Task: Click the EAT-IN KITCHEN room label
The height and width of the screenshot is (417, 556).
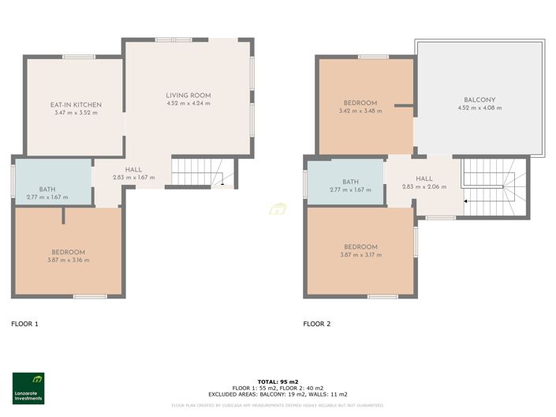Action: point(76,105)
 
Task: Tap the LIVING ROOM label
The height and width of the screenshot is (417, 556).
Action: point(188,96)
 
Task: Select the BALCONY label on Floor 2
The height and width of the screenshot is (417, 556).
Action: point(480,100)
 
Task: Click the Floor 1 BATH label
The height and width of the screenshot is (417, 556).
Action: point(47,190)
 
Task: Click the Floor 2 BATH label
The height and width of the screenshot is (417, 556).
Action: point(350,182)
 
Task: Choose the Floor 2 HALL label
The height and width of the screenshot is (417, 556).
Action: point(424,179)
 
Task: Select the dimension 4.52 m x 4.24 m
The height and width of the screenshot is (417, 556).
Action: point(188,104)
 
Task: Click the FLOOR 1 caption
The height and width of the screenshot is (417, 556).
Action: point(24,324)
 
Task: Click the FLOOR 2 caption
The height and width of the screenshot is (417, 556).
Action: point(317,324)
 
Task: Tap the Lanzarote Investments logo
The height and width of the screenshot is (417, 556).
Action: point(28,388)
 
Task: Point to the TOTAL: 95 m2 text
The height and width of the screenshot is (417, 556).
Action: point(278,381)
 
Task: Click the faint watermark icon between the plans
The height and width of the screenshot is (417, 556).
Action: point(278,209)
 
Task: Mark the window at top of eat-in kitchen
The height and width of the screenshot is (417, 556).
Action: point(79,56)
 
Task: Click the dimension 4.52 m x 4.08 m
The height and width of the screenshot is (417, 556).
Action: point(480,108)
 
